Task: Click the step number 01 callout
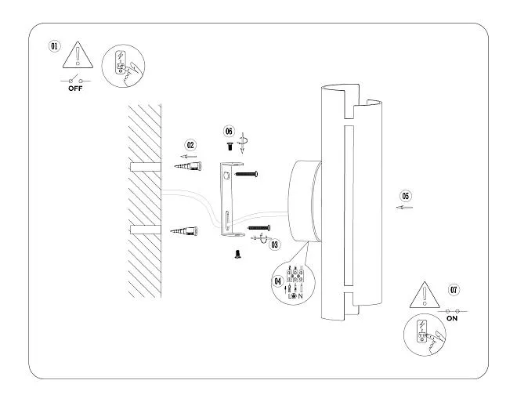tap(54, 46)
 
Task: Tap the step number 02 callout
tap(190, 145)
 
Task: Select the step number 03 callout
tap(275, 244)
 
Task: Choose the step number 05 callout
tap(405, 195)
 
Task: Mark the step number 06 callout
tap(229, 131)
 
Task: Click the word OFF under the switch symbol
tap(75, 89)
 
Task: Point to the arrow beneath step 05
tap(404, 208)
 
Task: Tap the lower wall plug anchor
tap(187, 230)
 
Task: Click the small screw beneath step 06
tap(229, 146)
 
